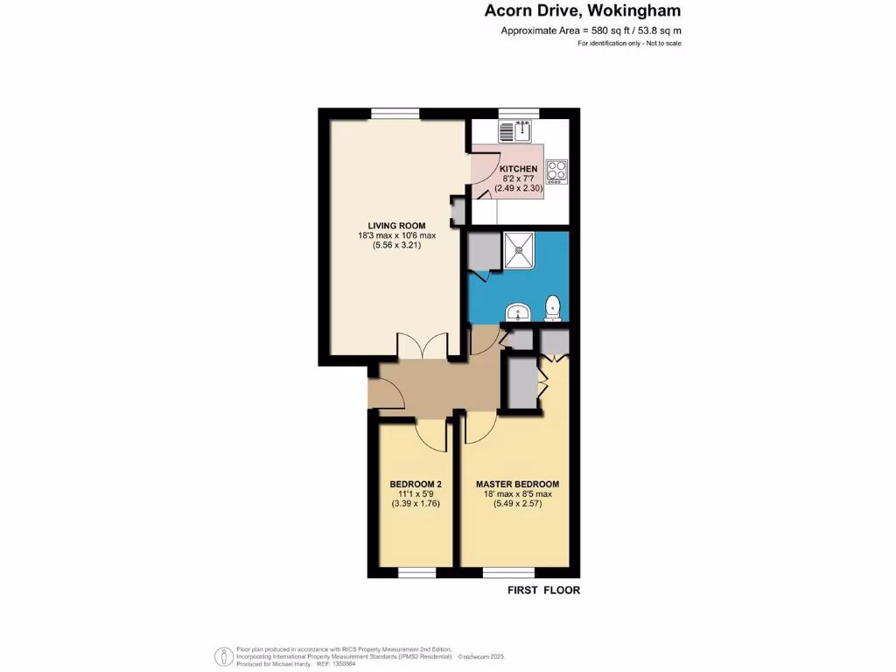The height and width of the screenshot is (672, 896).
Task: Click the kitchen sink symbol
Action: click(516, 131)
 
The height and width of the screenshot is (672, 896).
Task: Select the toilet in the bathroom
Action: click(552, 307)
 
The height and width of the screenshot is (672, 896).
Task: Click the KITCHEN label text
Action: click(518, 169)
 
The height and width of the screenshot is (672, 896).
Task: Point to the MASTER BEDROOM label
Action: click(517, 484)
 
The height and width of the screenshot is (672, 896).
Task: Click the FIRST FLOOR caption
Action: click(543, 590)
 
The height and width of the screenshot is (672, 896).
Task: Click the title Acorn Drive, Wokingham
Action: click(582, 11)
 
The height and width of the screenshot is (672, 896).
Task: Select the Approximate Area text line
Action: click(591, 31)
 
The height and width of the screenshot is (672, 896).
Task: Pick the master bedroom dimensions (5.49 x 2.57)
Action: click(517, 505)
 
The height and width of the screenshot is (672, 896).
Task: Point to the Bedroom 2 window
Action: click(416, 573)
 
